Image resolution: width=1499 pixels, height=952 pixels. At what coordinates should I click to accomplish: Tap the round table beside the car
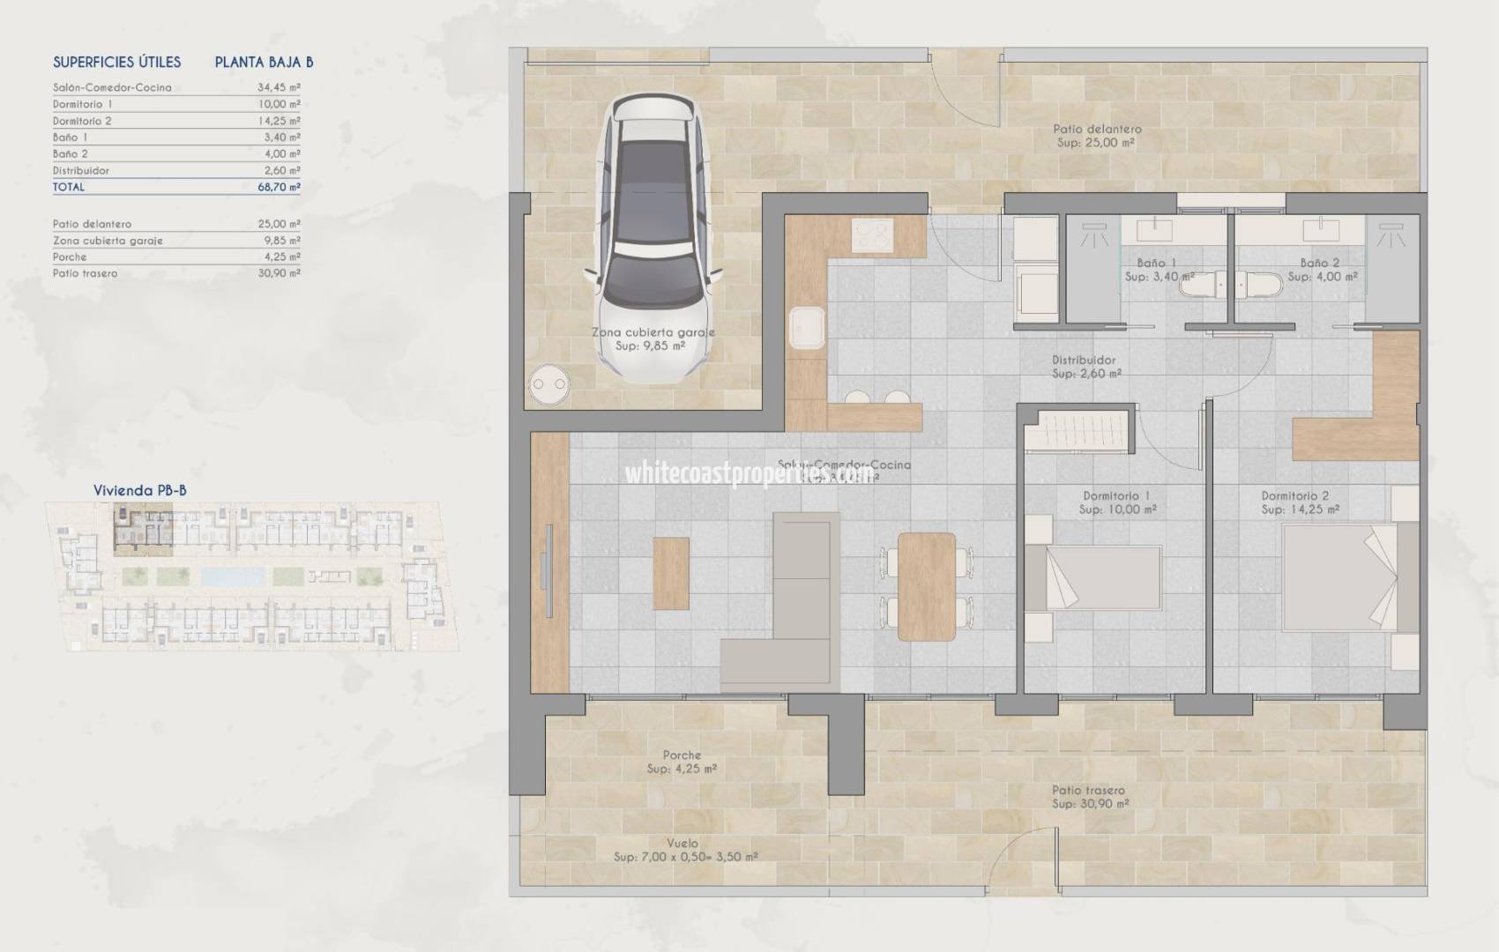(548, 385)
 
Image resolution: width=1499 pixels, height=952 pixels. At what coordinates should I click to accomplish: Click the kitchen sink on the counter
(807, 327)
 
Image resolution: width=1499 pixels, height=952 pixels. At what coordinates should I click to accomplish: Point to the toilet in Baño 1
(1199, 285)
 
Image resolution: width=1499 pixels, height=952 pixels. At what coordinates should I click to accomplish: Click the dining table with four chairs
(926, 586)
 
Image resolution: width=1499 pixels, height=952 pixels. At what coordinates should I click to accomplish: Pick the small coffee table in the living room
(671, 573)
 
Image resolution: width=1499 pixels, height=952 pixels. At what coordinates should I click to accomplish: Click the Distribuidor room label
(1084, 360)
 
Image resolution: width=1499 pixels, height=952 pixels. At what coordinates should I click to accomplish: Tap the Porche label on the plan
(682, 755)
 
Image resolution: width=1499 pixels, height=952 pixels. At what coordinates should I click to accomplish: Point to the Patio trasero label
(1088, 790)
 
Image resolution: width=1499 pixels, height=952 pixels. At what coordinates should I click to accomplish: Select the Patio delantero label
(1097, 129)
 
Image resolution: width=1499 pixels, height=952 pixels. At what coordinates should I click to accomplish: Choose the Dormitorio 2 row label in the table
(82, 121)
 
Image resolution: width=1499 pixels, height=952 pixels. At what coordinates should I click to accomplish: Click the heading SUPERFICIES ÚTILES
(116, 62)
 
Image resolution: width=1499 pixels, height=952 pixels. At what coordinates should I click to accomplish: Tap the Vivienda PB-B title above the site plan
(139, 490)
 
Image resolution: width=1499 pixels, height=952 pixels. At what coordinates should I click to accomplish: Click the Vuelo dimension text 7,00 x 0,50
(685, 856)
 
